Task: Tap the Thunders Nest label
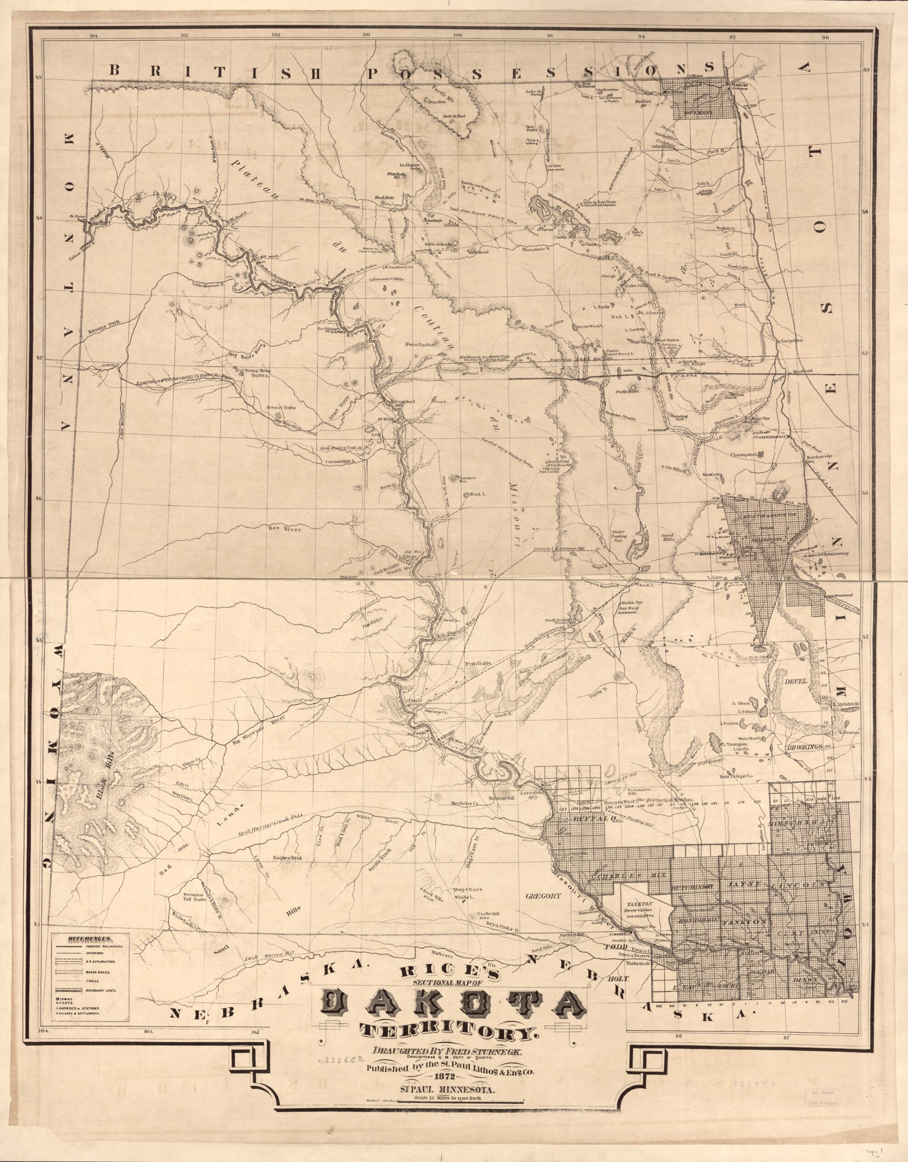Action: point(461,478)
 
